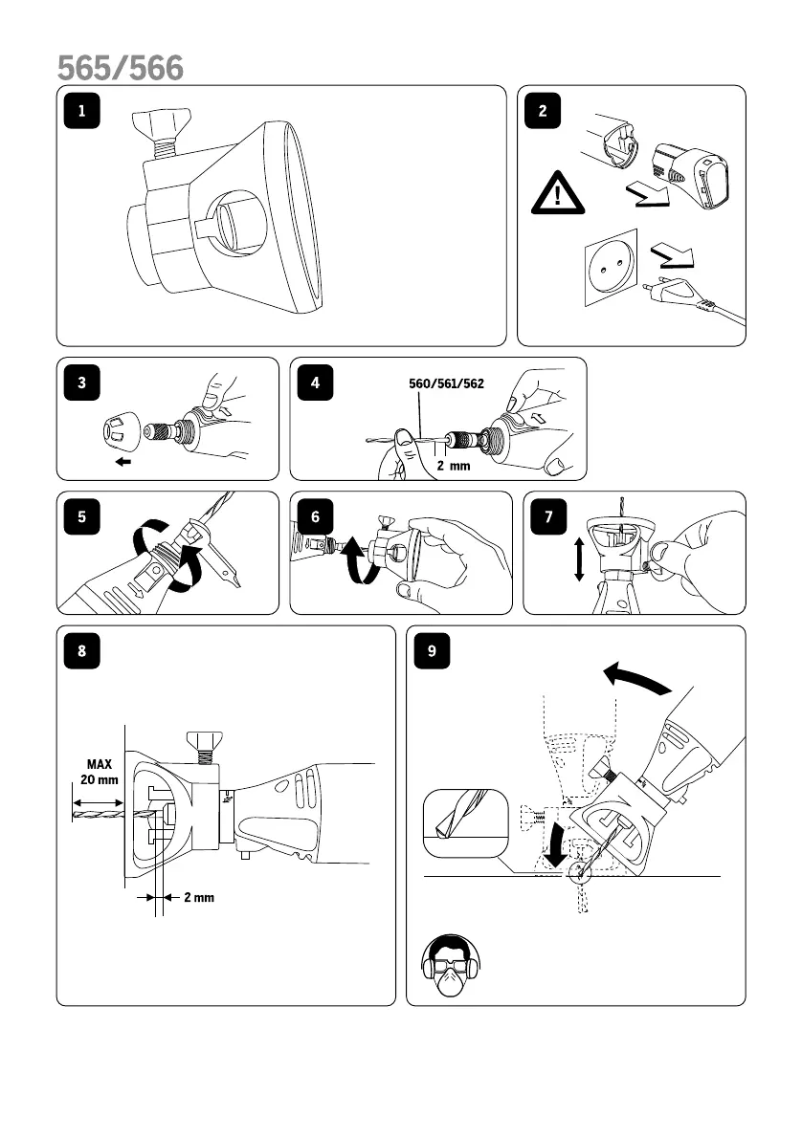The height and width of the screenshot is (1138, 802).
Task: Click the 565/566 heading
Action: pyautogui.click(x=121, y=68)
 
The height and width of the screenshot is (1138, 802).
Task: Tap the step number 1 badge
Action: pyautogui.click(x=81, y=111)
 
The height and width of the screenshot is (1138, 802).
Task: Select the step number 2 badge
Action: pyautogui.click(x=543, y=111)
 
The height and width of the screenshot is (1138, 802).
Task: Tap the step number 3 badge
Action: pyautogui.click(x=81, y=383)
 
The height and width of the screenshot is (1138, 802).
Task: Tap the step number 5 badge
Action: pyautogui.click(x=81, y=516)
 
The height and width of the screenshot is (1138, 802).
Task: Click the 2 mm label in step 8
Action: pyautogui.click(x=197, y=897)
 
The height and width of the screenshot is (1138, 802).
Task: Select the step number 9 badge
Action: pyautogui.click(x=433, y=651)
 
